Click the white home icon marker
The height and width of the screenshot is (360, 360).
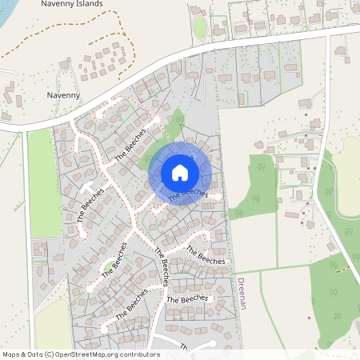pos(180,172)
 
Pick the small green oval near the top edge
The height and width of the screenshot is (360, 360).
pos(201,27)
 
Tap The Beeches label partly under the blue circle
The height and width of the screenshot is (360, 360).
pos(189,193)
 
